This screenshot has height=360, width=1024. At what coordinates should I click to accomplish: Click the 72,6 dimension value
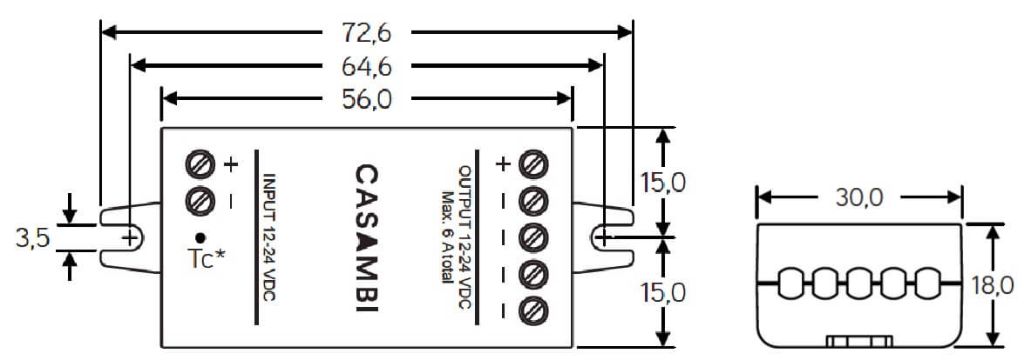[x=366, y=32]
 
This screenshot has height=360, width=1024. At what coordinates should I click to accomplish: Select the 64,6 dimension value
[x=366, y=66]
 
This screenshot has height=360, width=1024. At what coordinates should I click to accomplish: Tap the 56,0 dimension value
[x=366, y=99]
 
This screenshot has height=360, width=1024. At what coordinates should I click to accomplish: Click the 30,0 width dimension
[x=860, y=197]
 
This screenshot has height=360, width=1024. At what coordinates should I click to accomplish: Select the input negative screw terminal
[x=199, y=200]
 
